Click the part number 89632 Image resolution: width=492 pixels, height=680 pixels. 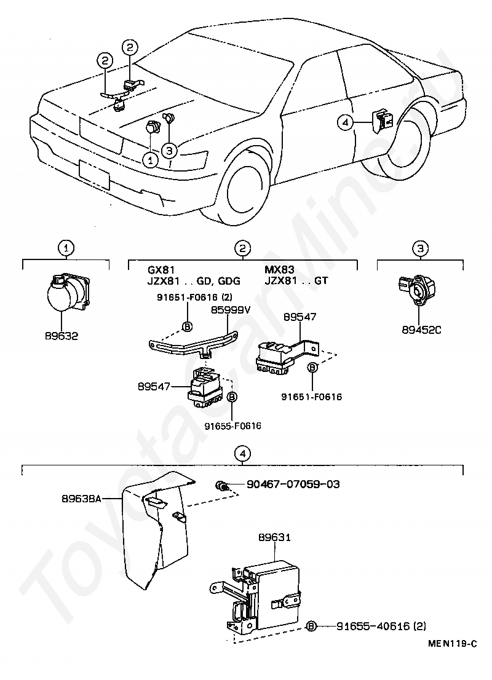click(x=62, y=337)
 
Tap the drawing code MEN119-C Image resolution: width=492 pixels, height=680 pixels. click(x=453, y=644)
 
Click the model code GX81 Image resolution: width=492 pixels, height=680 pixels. click(x=161, y=270)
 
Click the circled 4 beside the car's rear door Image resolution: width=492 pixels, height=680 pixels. click(x=346, y=123)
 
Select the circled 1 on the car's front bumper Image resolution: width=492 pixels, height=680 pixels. click(x=149, y=159)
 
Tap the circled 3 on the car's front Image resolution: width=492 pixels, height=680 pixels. click(x=170, y=149)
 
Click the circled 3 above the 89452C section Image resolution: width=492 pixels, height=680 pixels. click(x=420, y=248)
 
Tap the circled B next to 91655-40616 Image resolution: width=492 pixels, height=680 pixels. click(x=312, y=626)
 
